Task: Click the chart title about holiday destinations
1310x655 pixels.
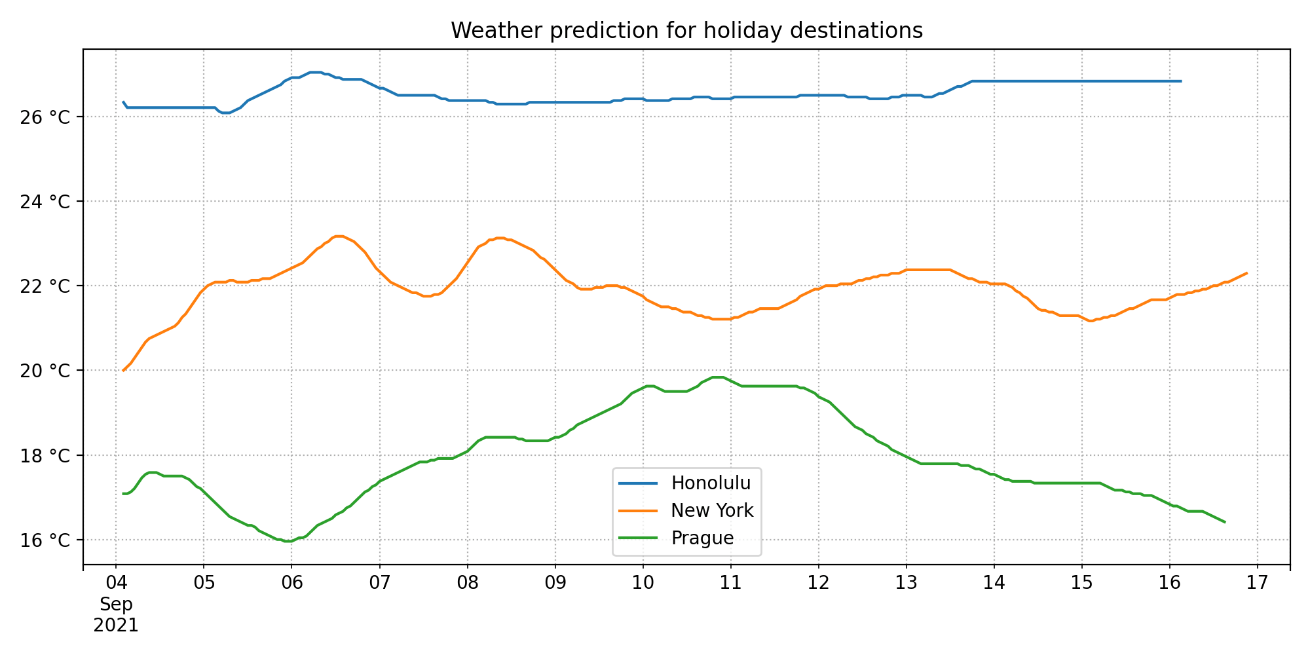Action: point(686,31)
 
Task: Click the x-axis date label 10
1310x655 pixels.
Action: point(643,583)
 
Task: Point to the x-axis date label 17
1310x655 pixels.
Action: point(1258,583)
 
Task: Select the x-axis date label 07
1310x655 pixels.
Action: point(379,583)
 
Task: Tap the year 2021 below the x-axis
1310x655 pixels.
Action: point(116,626)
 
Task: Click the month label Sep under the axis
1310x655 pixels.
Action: point(116,604)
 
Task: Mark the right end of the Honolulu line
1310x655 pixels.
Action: point(1181,81)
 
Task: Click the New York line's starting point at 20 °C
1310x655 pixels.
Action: point(123,371)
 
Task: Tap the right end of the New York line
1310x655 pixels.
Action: point(1246,273)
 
